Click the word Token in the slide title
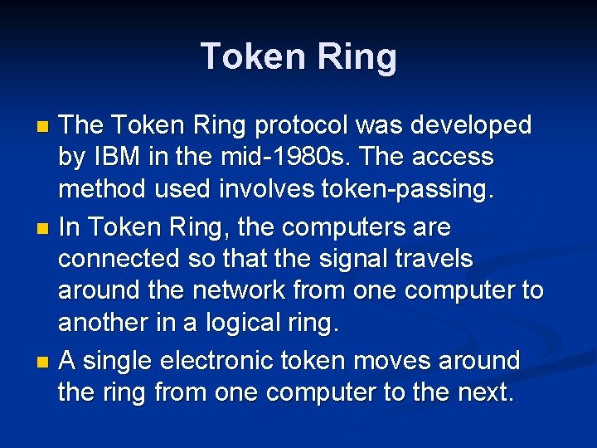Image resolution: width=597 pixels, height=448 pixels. pyautogui.click(x=253, y=56)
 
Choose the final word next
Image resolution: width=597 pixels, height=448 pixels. pyautogui.click(x=485, y=393)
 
